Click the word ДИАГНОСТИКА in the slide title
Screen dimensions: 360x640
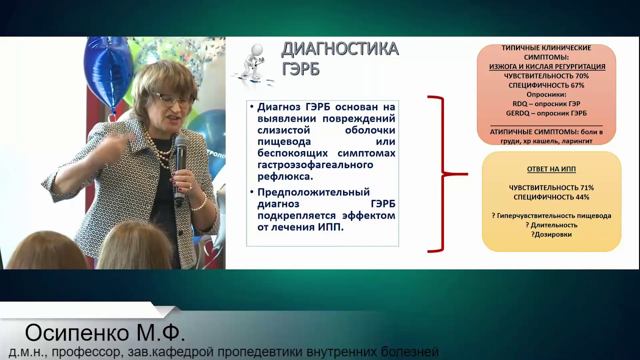click(339, 49)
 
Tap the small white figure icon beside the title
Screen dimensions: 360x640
click(252, 62)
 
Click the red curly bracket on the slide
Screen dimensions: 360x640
click(442, 174)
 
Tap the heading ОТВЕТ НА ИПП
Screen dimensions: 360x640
click(551, 169)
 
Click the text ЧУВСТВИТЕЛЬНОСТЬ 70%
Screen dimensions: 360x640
click(546, 76)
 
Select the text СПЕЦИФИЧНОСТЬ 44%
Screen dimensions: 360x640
click(551, 197)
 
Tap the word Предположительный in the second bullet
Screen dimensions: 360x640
click(313, 192)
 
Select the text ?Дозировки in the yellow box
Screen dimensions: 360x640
click(551, 234)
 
